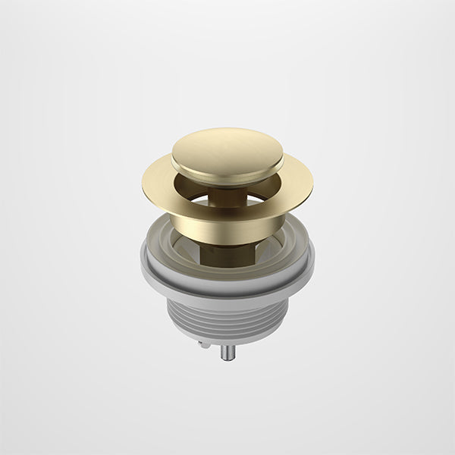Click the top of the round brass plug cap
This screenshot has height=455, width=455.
pyautogui.click(x=227, y=146)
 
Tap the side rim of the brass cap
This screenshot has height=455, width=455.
pyautogui.click(x=227, y=169)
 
